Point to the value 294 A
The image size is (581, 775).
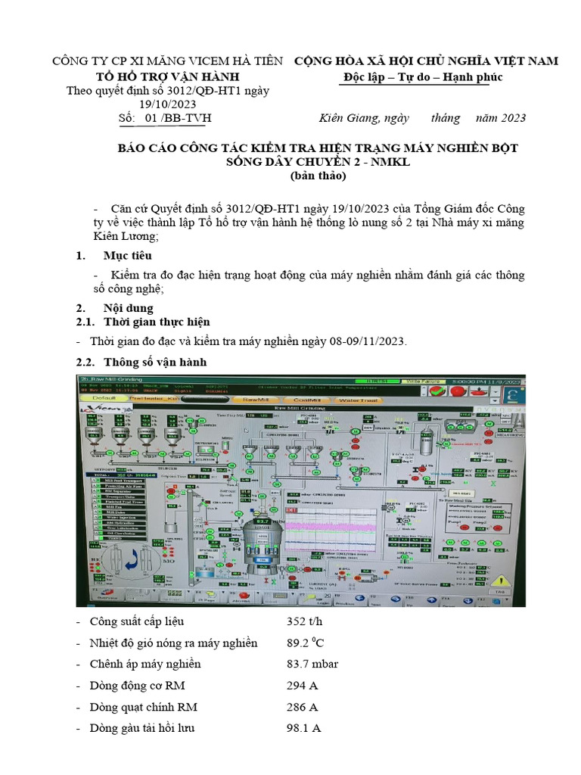(302, 686)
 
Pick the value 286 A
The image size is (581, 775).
(302, 707)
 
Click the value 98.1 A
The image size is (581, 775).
(304, 728)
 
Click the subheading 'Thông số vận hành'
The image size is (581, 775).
(154, 362)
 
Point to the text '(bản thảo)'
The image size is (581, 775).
(318, 176)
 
